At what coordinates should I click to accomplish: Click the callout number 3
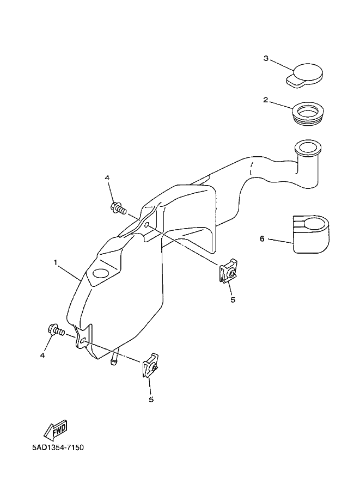pyautogui.click(x=265, y=59)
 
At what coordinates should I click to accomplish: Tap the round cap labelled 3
pyautogui.click(x=305, y=75)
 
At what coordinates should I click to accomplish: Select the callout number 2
pyautogui.click(x=265, y=100)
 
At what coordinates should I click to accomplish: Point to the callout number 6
pyautogui.click(x=262, y=239)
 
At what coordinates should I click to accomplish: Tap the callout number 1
pyautogui.click(x=56, y=263)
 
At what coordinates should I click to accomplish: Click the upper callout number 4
pyautogui.click(x=107, y=178)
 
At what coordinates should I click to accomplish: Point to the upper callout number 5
pyautogui.click(x=233, y=299)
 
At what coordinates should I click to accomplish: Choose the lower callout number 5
pyautogui.click(x=151, y=399)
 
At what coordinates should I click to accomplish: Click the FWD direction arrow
pyautogui.click(x=54, y=429)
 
